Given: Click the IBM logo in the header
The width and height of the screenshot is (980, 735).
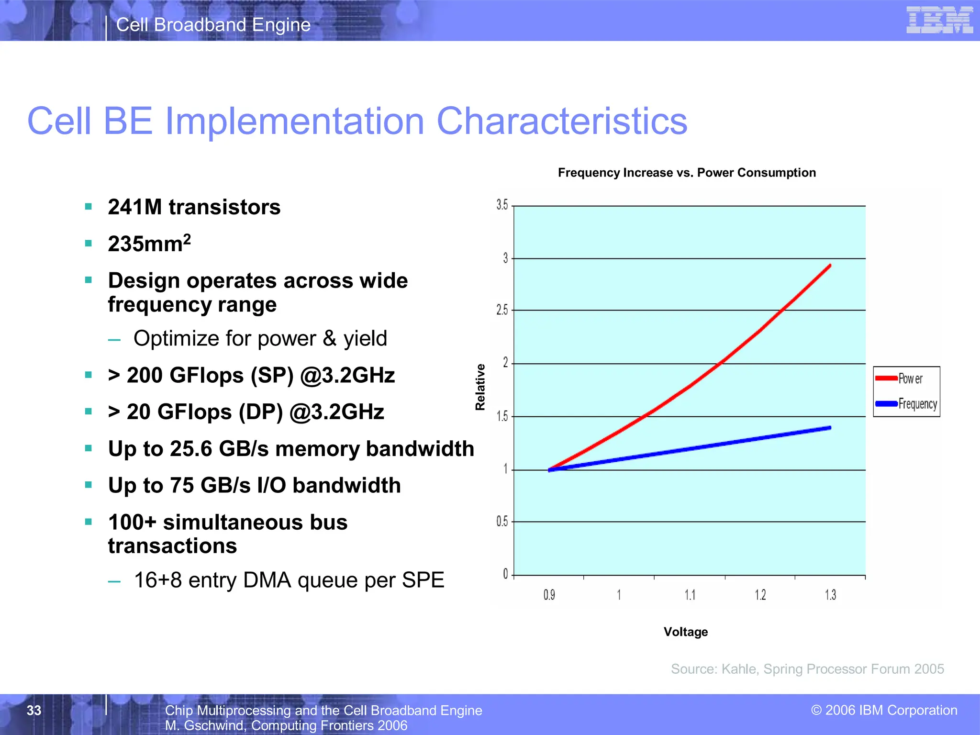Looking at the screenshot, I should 939,20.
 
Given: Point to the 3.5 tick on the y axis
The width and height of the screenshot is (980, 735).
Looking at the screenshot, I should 502,205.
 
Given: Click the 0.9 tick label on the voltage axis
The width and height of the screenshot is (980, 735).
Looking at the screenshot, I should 549,595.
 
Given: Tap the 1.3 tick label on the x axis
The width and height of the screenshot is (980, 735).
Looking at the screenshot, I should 830,595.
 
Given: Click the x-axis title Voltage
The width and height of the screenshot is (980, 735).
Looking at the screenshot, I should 685,632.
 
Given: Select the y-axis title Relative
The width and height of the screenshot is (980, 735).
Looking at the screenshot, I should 480,387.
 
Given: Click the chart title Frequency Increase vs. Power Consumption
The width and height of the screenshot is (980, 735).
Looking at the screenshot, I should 687,173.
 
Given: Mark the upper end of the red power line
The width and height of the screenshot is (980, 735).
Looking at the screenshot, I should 830,265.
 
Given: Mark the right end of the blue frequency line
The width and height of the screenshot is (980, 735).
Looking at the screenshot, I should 830,428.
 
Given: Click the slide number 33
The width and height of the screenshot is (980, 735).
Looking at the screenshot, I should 34,710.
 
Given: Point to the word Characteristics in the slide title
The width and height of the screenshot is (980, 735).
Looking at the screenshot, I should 562,121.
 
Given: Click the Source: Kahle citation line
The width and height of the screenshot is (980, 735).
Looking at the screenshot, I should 807,669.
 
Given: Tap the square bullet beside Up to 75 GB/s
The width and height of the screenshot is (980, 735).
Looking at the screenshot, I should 88,485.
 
